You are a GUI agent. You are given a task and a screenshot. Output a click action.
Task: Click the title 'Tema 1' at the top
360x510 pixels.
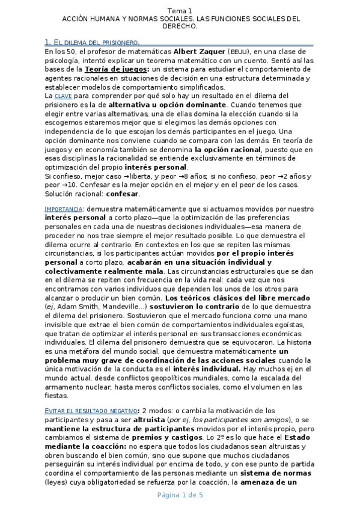coord(180,11)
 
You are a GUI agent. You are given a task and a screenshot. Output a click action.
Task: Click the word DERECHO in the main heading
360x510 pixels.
coord(179,27)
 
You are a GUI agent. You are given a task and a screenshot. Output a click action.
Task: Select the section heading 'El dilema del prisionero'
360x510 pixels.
coord(92,43)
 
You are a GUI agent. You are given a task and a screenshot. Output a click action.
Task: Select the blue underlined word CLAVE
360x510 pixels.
coord(63,96)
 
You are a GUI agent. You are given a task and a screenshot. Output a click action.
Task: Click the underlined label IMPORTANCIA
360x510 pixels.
coord(64,209)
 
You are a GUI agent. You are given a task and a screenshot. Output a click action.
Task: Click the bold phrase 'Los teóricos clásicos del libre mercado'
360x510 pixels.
coord(237,298)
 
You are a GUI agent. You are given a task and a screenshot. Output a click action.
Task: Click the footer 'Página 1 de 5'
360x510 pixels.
coord(180,495)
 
